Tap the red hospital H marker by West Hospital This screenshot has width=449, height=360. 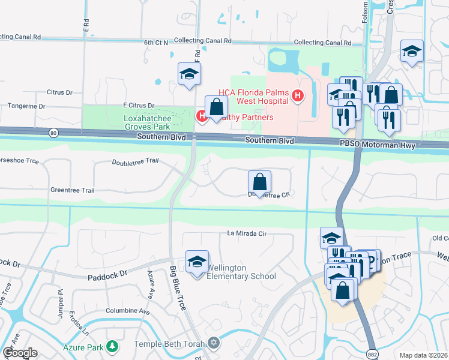click(297, 95)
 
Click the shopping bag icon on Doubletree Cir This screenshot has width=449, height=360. click(259, 181)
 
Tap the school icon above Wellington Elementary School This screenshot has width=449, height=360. click(197, 262)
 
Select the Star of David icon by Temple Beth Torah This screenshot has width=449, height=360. click(214, 344)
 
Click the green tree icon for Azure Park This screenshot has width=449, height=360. click(112, 347)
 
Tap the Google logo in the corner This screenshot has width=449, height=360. click(20, 353)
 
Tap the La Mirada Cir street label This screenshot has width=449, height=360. click(246, 233)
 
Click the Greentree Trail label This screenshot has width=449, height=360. click(72, 190)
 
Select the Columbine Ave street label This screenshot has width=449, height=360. click(128, 311)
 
